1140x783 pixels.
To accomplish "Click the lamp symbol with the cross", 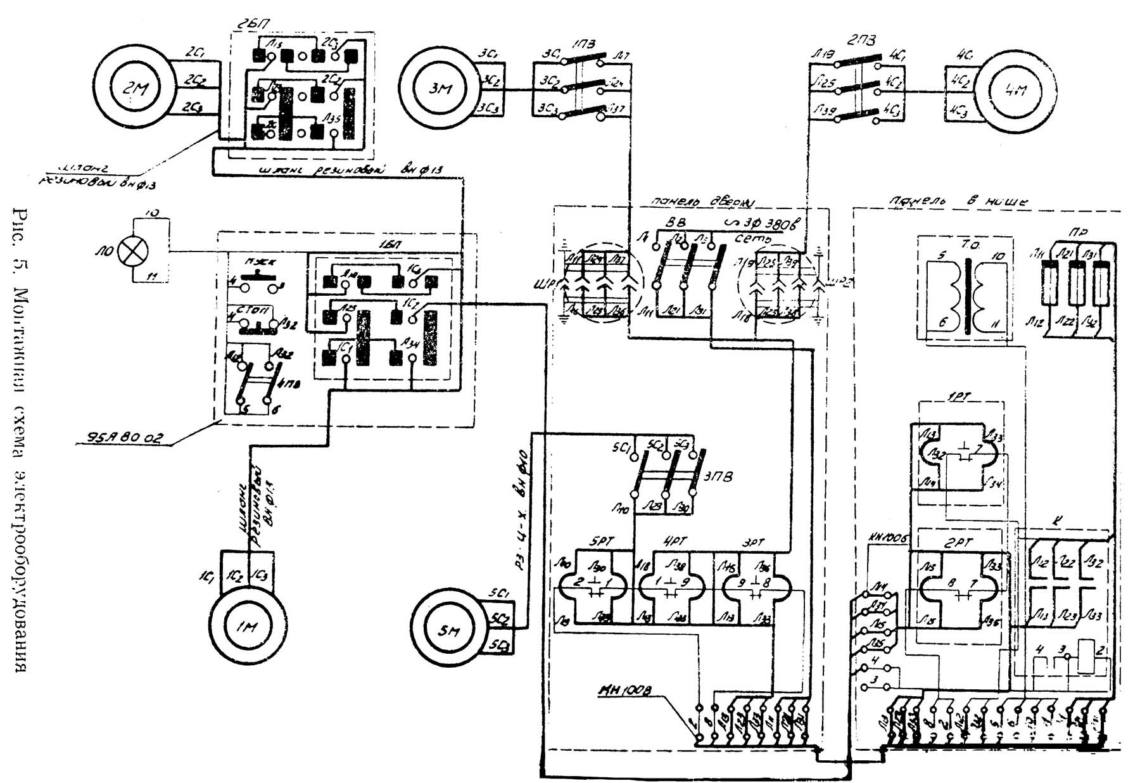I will coord(134,251).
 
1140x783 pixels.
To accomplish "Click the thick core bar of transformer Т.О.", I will coord(967,296).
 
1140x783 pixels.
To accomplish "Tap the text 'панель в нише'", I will coord(958,201).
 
